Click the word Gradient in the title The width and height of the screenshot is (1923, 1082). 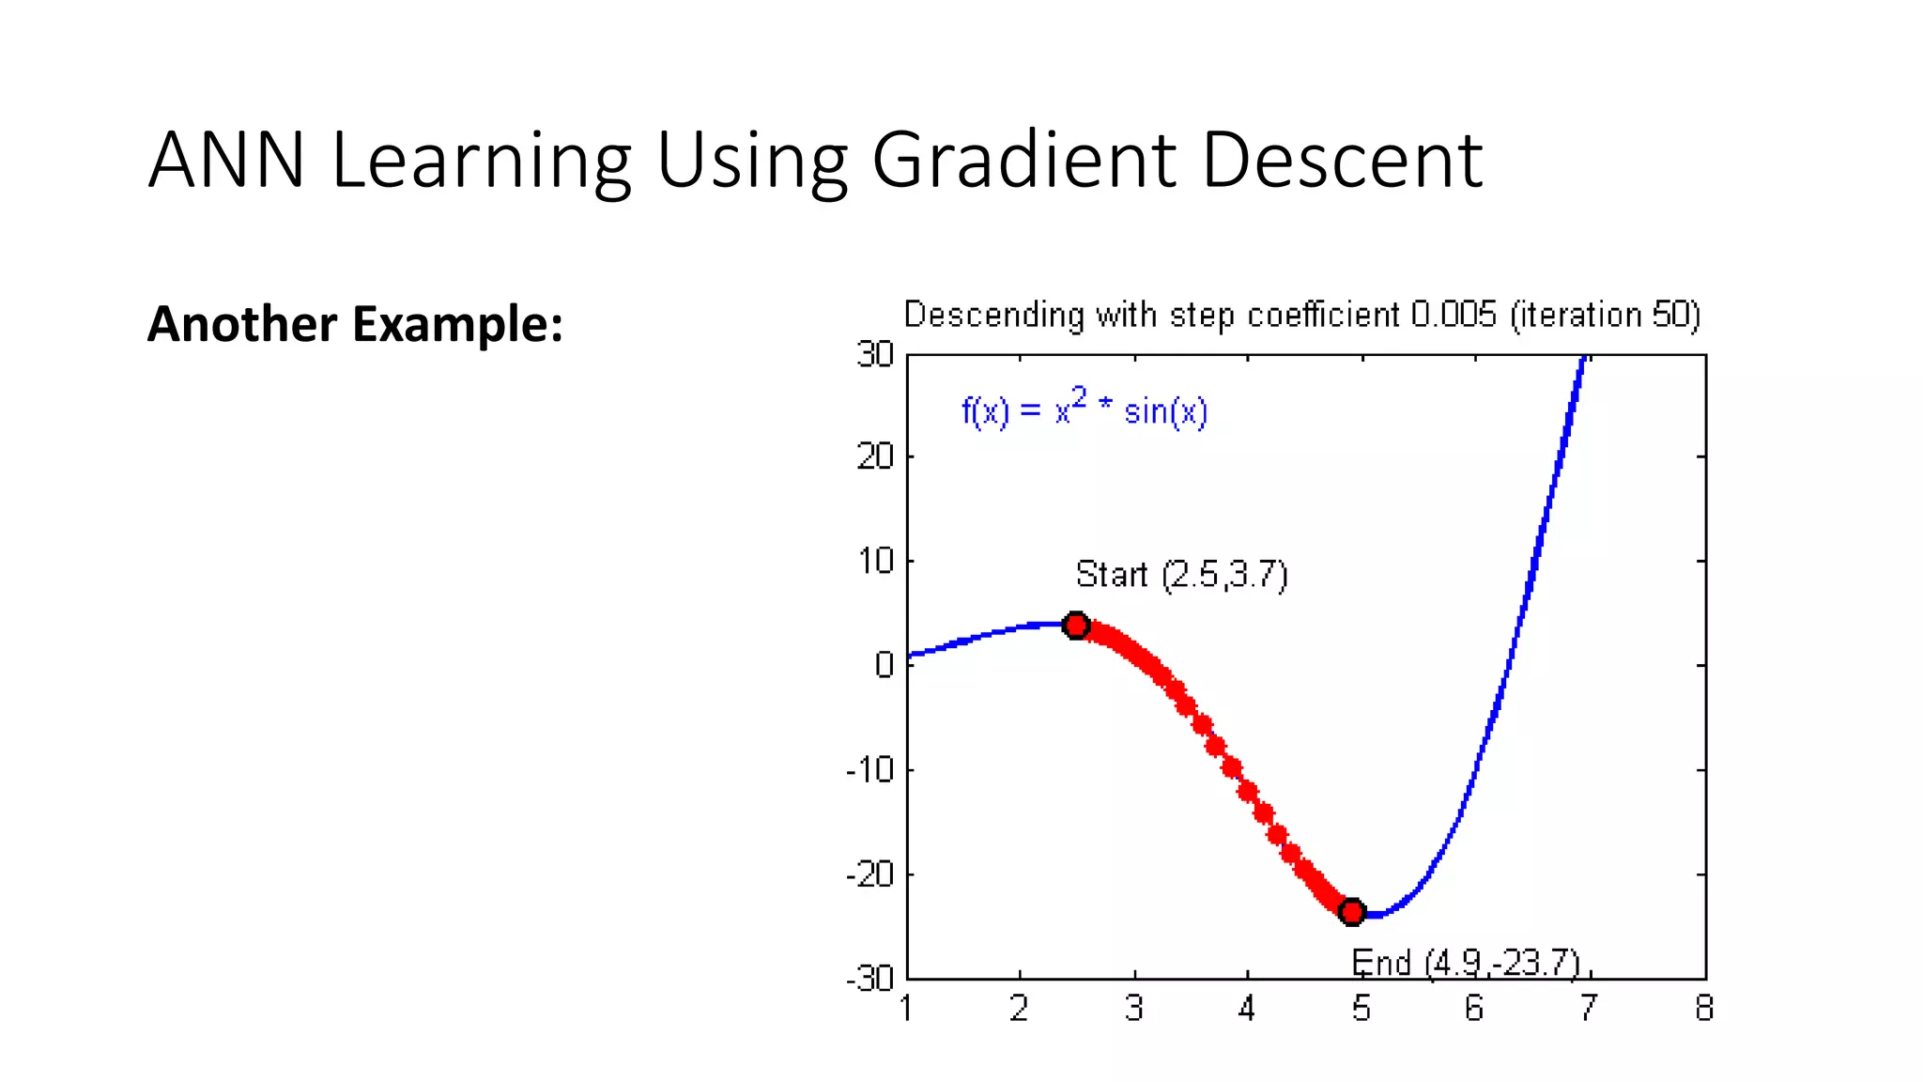(x=1024, y=161)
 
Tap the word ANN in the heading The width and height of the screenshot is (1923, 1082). (x=226, y=161)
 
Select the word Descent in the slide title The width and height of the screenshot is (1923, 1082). (x=1342, y=161)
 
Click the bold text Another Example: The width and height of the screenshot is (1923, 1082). (x=355, y=324)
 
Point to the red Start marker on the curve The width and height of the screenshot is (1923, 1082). (x=1076, y=626)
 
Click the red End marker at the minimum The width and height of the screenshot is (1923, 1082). (x=1352, y=911)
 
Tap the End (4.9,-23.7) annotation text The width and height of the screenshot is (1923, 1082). (x=1466, y=964)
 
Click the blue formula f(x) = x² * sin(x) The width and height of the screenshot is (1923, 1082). (x=1085, y=410)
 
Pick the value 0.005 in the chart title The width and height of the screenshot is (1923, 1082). (x=1454, y=315)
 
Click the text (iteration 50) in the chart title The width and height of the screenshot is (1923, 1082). (x=1605, y=315)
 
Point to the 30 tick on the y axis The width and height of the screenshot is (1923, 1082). (x=875, y=355)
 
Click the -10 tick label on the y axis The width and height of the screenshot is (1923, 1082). (x=869, y=770)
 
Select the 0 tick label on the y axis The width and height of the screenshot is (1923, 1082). (x=884, y=665)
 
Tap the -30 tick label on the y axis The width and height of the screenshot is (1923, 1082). (x=869, y=980)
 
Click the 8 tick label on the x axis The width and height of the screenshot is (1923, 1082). (x=1704, y=1009)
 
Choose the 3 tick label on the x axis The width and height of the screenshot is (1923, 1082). (x=1134, y=1009)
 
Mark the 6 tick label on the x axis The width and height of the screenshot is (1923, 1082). (x=1474, y=1009)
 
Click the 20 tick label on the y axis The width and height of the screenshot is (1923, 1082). (x=875, y=457)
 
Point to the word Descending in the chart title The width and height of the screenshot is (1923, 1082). (x=993, y=315)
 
